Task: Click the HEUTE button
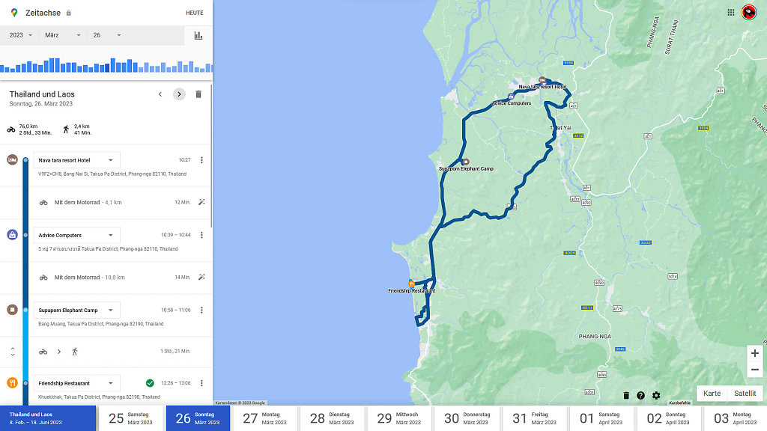tap(194, 13)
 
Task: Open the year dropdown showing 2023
tap(21, 35)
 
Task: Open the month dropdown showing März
tap(62, 35)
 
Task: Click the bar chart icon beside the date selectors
tap(198, 35)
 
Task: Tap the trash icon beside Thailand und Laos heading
tap(198, 94)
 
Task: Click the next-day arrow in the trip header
tap(179, 94)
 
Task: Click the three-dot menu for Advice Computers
tap(201, 235)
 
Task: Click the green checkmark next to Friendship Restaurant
tap(150, 383)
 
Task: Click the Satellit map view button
tap(745, 394)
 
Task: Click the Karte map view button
tap(712, 394)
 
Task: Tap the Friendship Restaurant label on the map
tap(411, 290)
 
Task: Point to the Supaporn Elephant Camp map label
tap(466, 169)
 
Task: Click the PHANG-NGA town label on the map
tap(595, 337)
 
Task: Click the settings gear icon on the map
tap(656, 396)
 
